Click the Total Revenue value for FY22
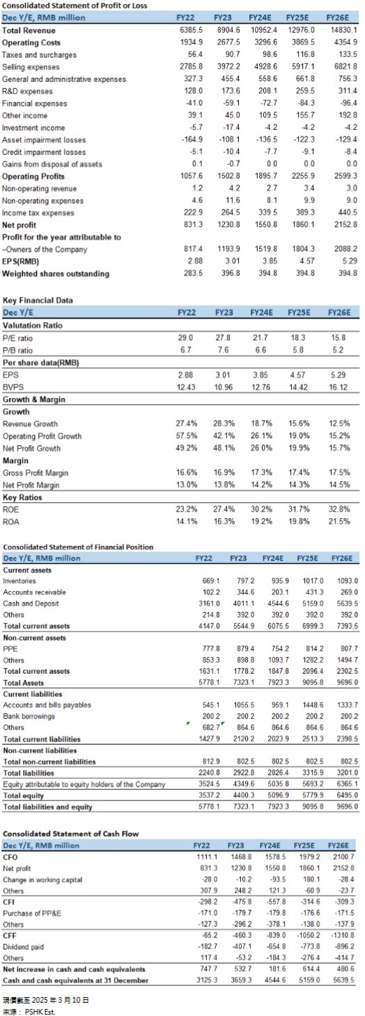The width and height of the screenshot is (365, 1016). pyautogui.click(x=192, y=31)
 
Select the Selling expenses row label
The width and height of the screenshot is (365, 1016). pyautogui.click(x=31, y=67)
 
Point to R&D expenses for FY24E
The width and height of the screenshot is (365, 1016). pyautogui.click(x=267, y=90)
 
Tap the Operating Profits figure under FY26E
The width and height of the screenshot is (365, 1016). pyautogui.click(x=345, y=176)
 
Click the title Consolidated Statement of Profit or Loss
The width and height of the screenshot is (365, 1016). pyautogui.click(x=75, y=6)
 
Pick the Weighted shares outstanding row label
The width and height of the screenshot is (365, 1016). pyautogui.click(x=56, y=273)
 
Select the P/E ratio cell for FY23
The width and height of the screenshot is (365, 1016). pyautogui.click(x=223, y=338)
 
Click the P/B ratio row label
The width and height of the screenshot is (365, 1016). pyautogui.click(x=17, y=350)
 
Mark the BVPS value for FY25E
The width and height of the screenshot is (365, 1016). pyautogui.click(x=298, y=387)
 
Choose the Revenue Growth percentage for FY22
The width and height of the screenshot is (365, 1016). pyautogui.click(x=187, y=424)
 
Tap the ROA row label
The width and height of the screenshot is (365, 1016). pyautogui.click(x=11, y=522)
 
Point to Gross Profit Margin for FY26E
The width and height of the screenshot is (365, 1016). pyautogui.click(x=339, y=473)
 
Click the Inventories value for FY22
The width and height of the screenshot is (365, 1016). pyautogui.click(x=211, y=581)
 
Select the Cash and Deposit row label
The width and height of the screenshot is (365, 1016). pyautogui.click(x=31, y=604)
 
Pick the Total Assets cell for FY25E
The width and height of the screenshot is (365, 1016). pyautogui.click(x=313, y=683)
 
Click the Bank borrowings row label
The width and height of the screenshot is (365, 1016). pyautogui.click(x=29, y=716)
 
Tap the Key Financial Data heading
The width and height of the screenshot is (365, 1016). pyautogui.click(x=38, y=300)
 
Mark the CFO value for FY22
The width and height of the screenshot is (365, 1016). pyautogui.click(x=207, y=857)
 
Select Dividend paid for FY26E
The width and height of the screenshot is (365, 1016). pyautogui.click(x=343, y=947)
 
